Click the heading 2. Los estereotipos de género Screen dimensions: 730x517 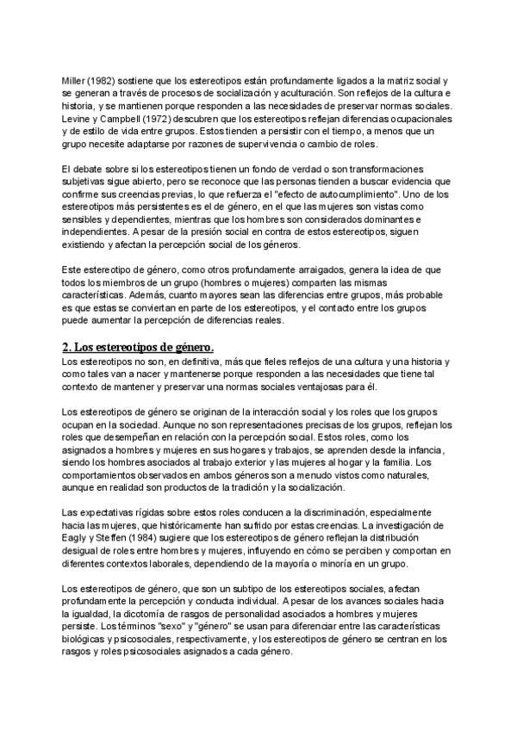pyautogui.click(x=138, y=347)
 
